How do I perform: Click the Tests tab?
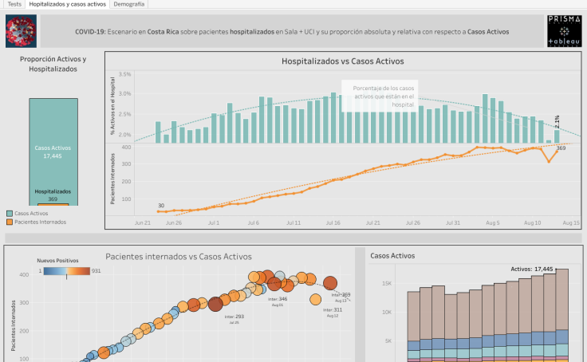coord(14,4)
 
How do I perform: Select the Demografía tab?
coord(129,4)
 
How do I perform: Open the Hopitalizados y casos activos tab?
coord(68,4)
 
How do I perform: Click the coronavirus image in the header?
coord(21,31)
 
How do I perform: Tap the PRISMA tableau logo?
coord(564,31)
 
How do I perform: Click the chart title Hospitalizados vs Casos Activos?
coord(343,61)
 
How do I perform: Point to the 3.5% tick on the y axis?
coord(124,74)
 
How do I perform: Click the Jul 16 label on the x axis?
coord(333,224)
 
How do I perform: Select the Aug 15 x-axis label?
coord(571,224)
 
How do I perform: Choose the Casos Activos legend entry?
coord(32,213)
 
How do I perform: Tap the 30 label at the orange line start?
coord(160,206)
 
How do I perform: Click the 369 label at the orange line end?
coord(561,148)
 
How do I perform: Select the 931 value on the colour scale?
coord(97,271)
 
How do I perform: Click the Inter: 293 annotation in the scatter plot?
coord(234,317)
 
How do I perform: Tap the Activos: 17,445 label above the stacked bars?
coord(531,270)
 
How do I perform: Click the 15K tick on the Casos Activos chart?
coord(386,283)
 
